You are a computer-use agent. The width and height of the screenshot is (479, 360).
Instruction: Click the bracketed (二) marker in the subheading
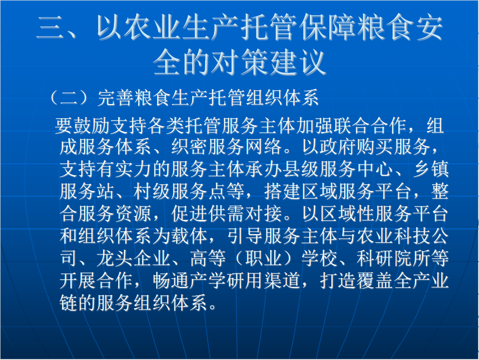point(70,97)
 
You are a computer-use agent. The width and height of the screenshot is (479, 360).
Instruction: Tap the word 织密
point(189,147)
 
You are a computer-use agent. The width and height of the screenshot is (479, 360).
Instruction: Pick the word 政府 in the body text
point(338,147)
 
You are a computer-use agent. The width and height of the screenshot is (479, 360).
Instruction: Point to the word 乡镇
point(431,169)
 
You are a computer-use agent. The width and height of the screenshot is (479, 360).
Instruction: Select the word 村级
point(152,191)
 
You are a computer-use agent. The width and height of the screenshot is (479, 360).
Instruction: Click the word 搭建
point(282,191)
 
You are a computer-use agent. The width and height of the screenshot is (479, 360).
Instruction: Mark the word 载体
point(189,236)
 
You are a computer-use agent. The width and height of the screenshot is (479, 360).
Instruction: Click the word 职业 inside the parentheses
point(263,258)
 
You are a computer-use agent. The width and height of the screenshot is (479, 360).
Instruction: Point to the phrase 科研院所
point(394,258)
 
